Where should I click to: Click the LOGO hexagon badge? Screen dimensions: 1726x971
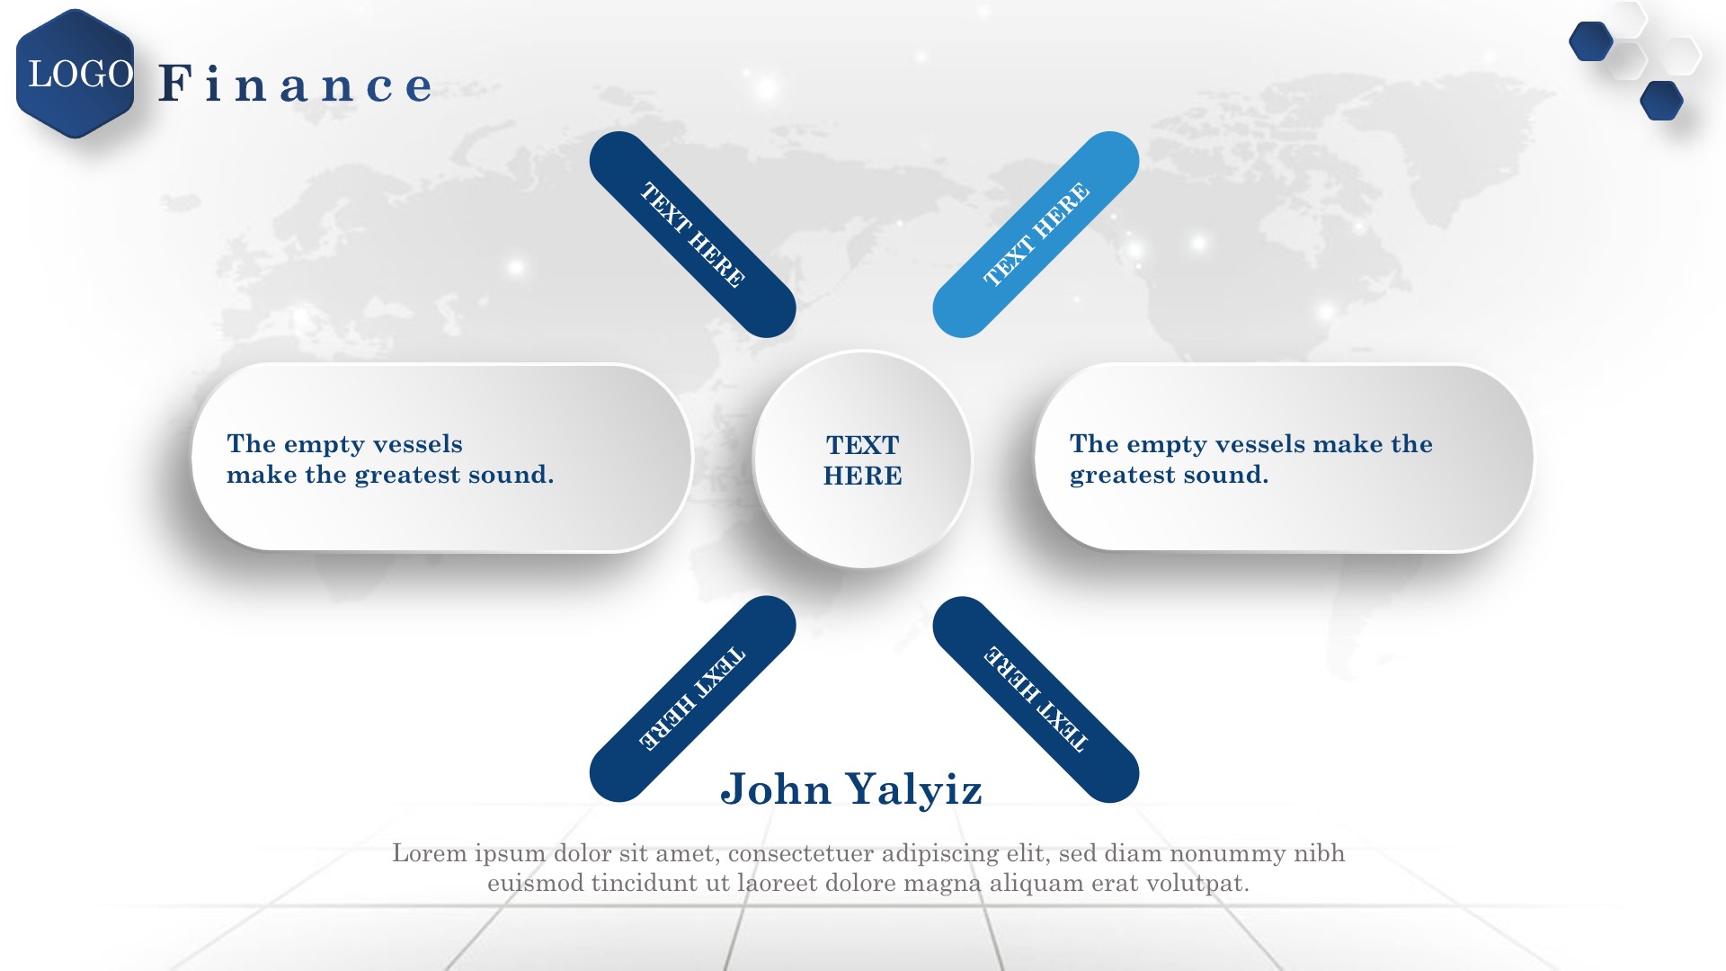pyautogui.click(x=76, y=74)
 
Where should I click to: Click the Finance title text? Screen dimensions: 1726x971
pyautogui.click(x=296, y=84)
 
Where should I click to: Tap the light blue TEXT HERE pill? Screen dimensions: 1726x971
pyautogui.click(x=1036, y=235)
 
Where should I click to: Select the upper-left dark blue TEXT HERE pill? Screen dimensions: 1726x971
pyautogui.click(x=692, y=235)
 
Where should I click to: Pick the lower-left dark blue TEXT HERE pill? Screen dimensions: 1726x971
pyautogui.click(x=692, y=699)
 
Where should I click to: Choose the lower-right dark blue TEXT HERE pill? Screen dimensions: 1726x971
pyautogui.click(x=1036, y=699)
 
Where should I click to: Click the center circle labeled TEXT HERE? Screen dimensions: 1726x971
pyautogui.click(x=863, y=459)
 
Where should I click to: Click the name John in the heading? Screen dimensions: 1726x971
pyautogui.click(x=776, y=788)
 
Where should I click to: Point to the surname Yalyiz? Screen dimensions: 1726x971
pyautogui.click(x=915, y=790)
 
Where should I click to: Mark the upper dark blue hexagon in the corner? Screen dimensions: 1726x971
pyautogui.click(x=1591, y=41)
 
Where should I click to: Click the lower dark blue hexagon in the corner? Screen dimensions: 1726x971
pyautogui.click(x=1661, y=101)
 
